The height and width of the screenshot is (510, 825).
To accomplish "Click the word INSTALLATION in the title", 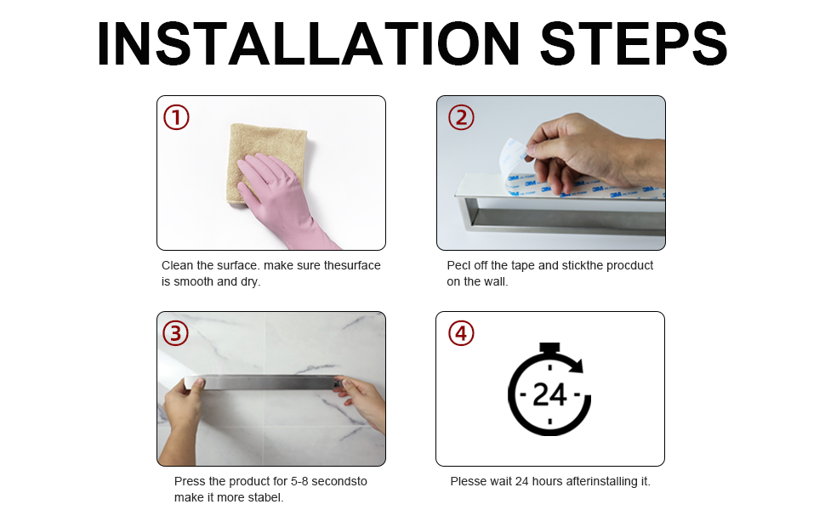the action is point(309,43).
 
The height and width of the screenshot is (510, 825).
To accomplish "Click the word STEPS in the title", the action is point(634,43).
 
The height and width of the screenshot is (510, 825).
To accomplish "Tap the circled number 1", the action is point(176,117).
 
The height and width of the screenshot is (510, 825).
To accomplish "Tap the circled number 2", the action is point(461,117).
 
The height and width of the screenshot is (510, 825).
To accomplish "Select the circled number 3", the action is point(175,333).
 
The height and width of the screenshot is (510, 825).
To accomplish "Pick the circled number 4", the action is point(461,333).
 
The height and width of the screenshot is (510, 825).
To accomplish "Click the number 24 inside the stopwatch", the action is point(549,394).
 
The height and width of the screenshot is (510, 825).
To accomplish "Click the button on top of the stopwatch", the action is point(549,348).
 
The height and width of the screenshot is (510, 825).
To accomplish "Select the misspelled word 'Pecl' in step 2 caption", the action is point(458,265).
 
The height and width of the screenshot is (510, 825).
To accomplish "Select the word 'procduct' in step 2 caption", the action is point(629,265).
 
